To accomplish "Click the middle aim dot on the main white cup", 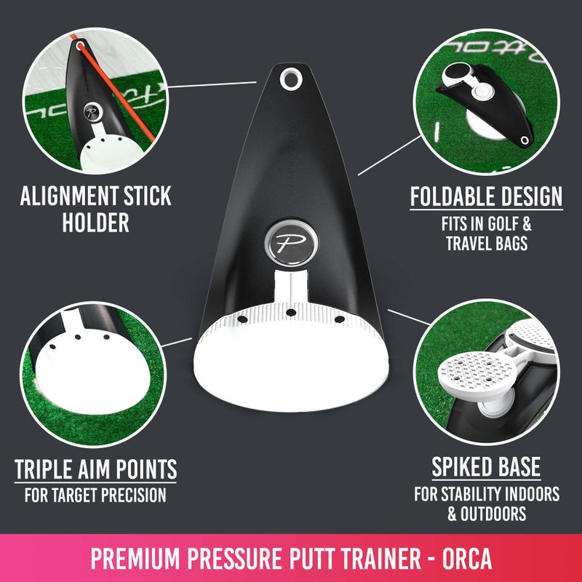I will pyautogui.click(x=290, y=313).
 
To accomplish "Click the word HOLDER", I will pyautogui.click(x=95, y=222).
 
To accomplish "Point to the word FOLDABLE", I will pyautogui.click(x=454, y=196).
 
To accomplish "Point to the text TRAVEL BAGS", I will pyautogui.click(x=486, y=242).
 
